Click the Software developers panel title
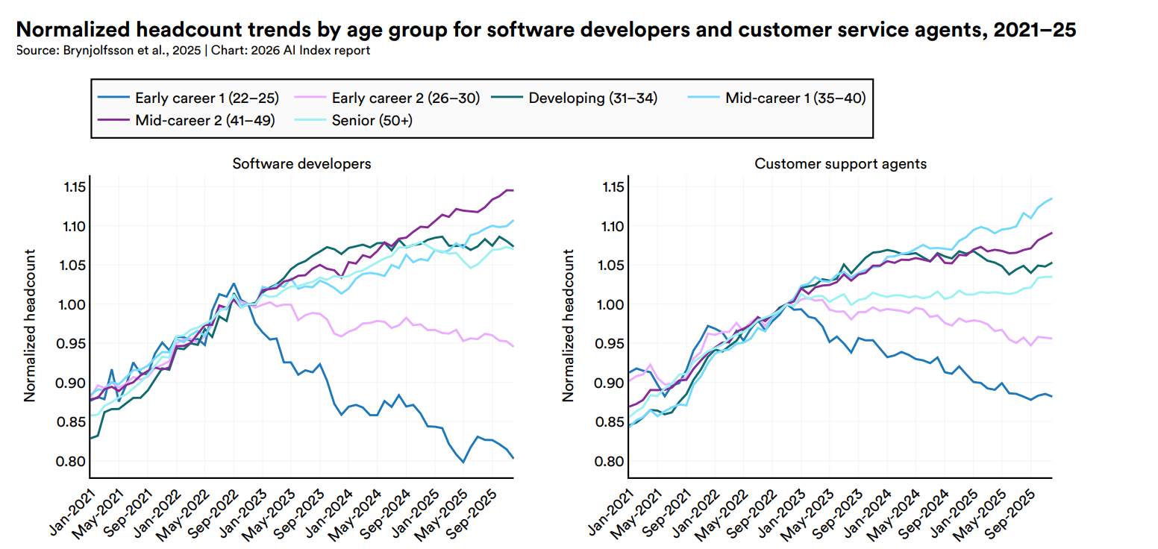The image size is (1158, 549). click(301, 163)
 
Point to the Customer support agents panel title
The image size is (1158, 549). click(840, 163)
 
